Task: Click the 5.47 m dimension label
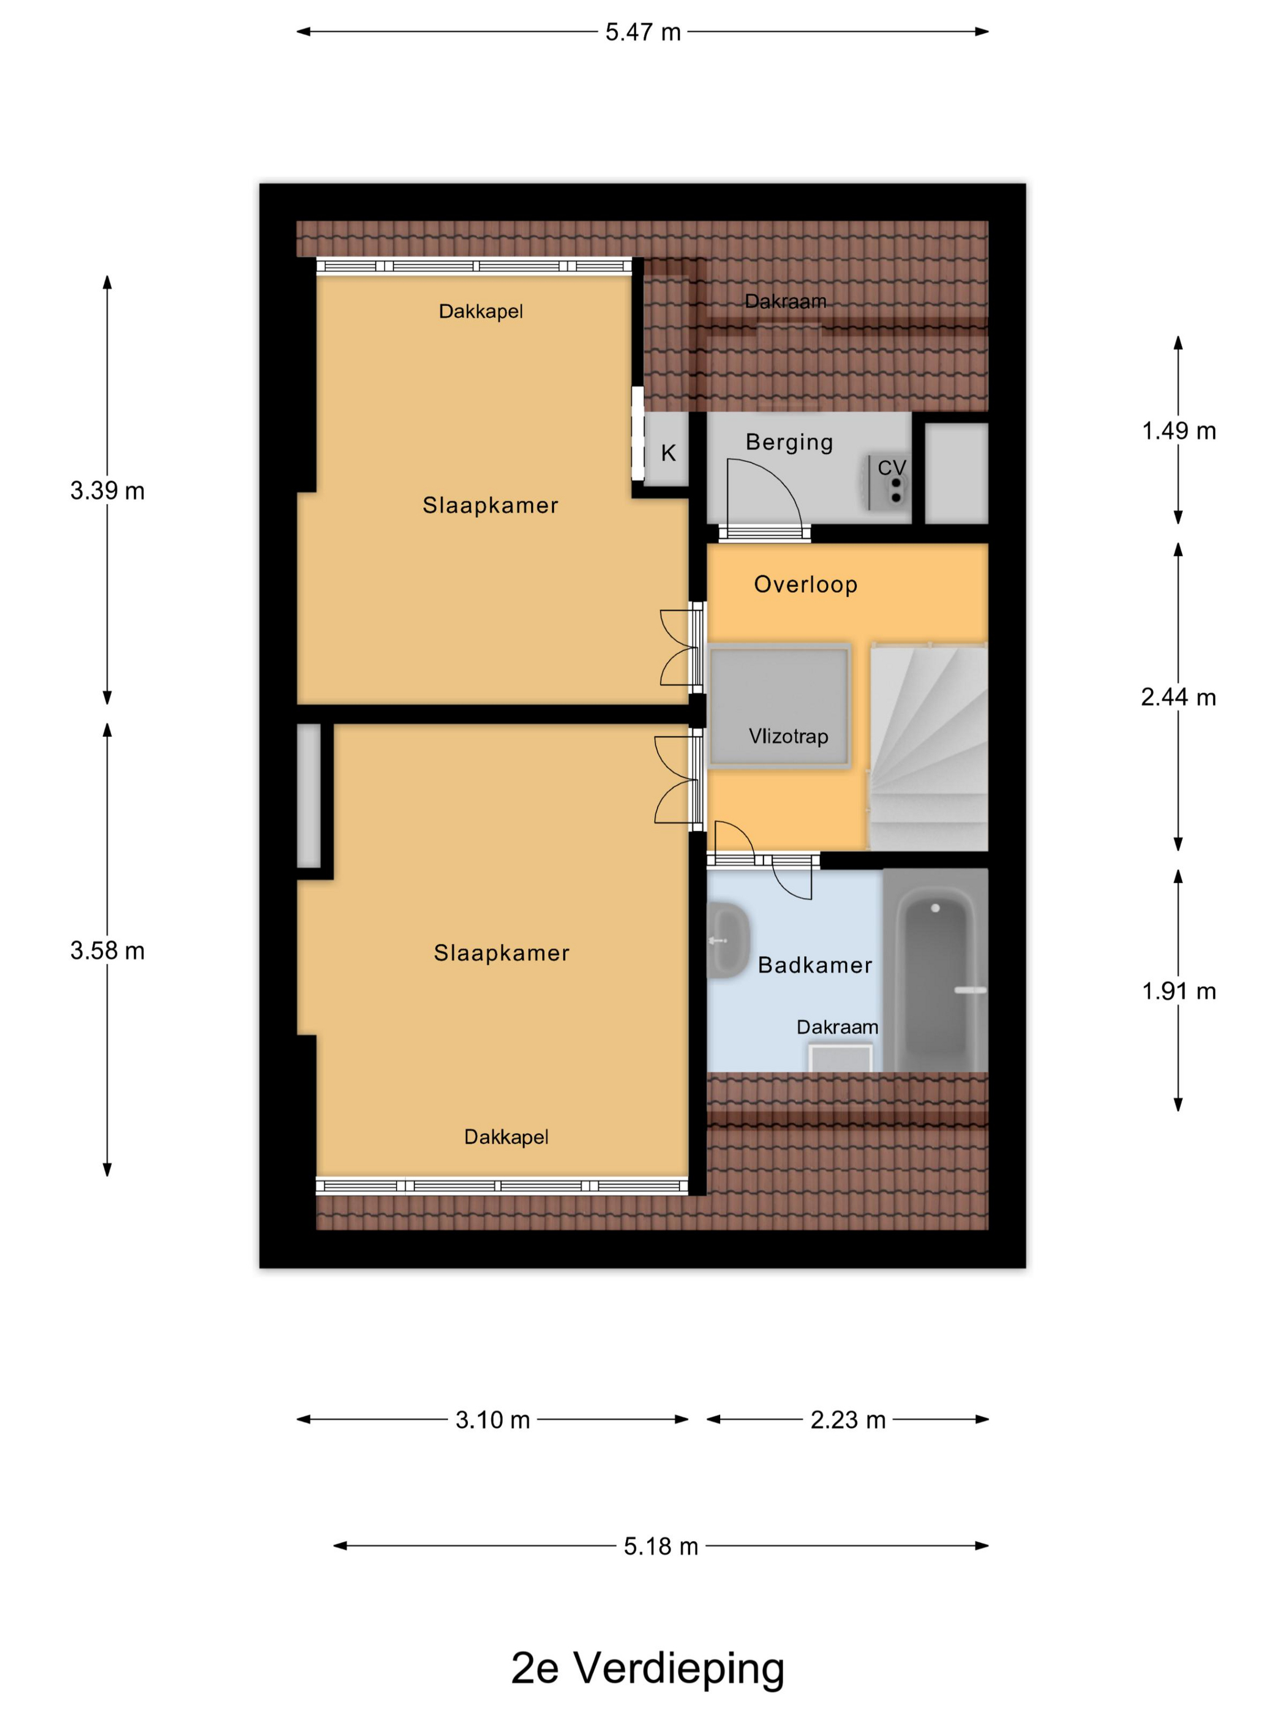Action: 642,32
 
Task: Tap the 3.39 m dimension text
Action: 107,491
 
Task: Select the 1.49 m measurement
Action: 1178,431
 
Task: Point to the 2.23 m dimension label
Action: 848,1420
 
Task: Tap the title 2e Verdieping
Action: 648,1668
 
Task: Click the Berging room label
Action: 789,442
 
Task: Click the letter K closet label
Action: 668,453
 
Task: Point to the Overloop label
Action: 805,584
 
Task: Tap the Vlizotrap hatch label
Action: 788,736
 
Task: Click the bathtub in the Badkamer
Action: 936,970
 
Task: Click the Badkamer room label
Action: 814,965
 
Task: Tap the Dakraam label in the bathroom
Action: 837,1027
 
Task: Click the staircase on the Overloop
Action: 928,746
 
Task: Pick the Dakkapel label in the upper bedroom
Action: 481,312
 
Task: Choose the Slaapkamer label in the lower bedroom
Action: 502,953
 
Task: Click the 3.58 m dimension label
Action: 107,951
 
